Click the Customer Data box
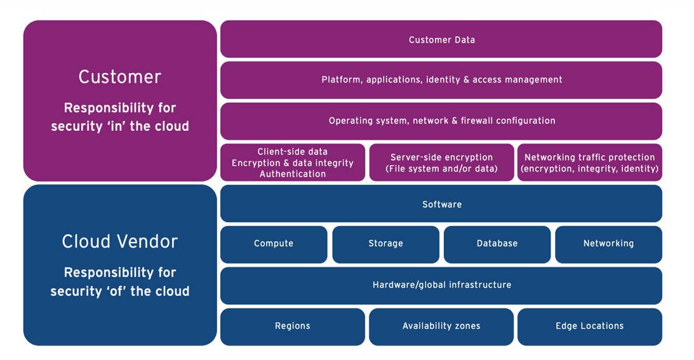(x=441, y=39)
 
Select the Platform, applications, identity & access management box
(x=441, y=80)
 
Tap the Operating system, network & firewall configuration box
(x=441, y=121)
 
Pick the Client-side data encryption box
(x=293, y=163)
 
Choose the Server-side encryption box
(x=441, y=163)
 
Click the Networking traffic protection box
(x=590, y=163)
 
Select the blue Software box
(x=441, y=204)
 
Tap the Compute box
(x=274, y=244)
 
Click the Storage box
(x=385, y=244)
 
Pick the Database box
(x=497, y=244)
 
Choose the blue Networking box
(x=608, y=244)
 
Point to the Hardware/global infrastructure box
(x=441, y=285)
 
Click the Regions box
(x=293, y=326)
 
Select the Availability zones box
(x=441, y=326)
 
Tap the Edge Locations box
(x=590, y=326)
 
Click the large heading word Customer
(x=120, y=77)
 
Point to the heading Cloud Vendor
(x=120, y=241)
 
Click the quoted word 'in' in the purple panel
(x=113, y=126)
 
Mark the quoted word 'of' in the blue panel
(x=114, y=291)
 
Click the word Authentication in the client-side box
(x=293, y=174)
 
